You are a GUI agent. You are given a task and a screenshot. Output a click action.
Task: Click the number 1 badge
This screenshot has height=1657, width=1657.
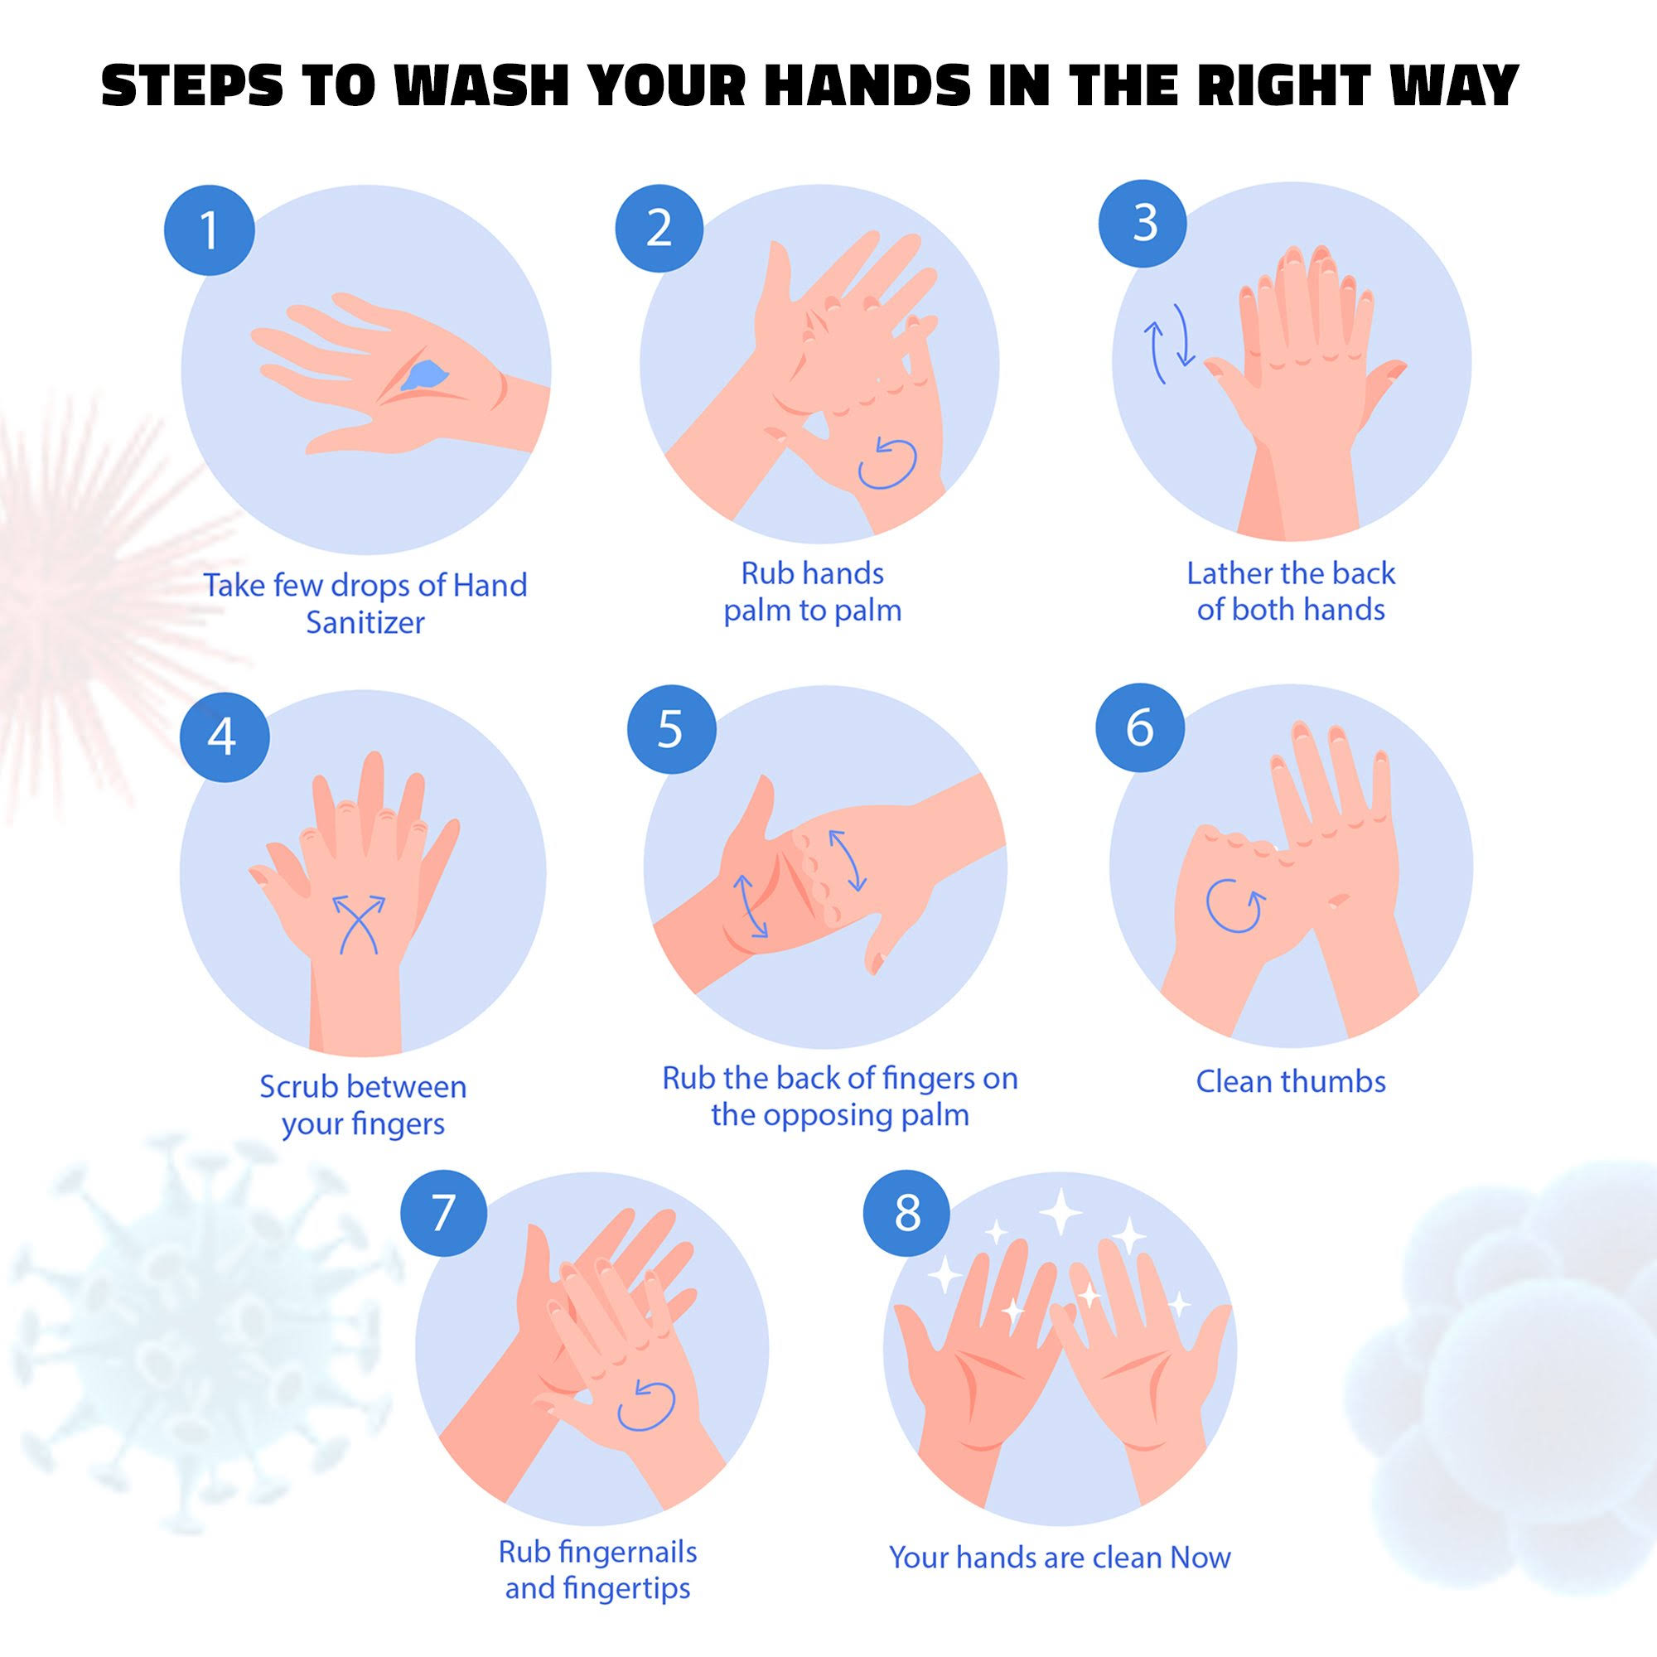coord(210,229)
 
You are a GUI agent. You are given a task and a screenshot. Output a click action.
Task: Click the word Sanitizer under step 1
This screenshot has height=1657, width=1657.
coord(365,623)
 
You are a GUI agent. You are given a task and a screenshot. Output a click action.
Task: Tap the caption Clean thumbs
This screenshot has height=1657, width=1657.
coord(1291,1081)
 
